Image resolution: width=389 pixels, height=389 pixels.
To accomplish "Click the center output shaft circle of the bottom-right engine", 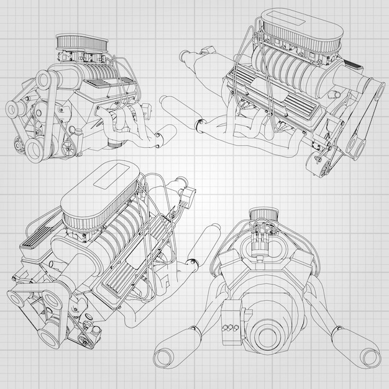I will tap(268, 336).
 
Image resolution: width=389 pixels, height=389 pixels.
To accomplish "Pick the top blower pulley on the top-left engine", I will tap(43, 80).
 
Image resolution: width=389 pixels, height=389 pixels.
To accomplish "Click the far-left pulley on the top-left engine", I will tap(14, 109).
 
